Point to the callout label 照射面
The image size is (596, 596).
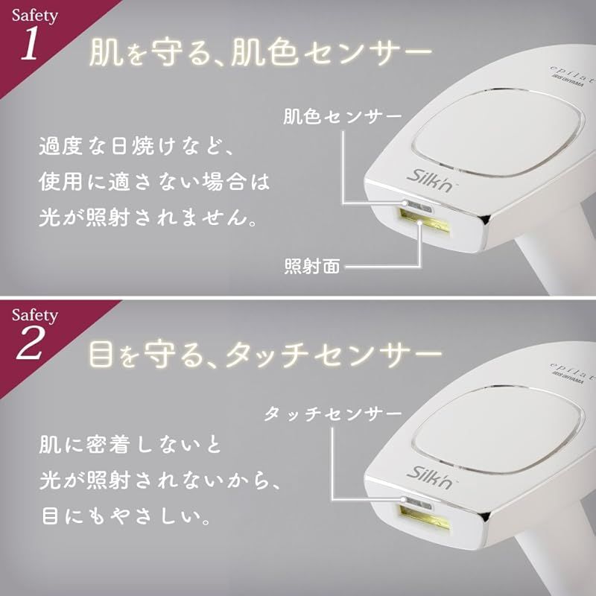coord(312,266)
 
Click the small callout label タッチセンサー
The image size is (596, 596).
coord(332,414)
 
